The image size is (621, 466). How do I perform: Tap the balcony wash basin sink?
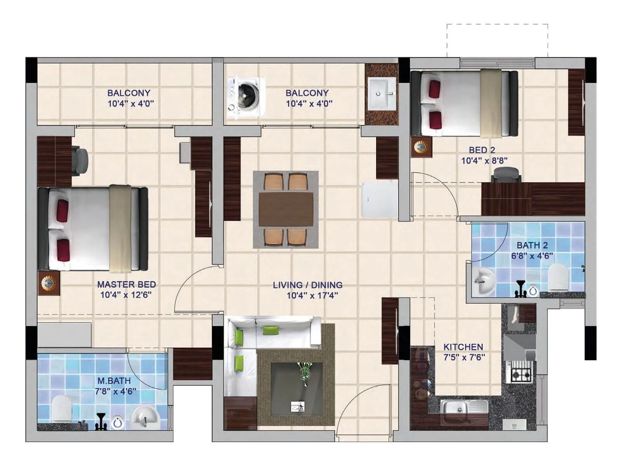tap(382, 94)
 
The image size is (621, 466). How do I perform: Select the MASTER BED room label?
tap(127, 284)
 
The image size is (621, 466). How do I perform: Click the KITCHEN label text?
tap(463, 347)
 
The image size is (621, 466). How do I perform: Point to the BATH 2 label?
tap(532, 245)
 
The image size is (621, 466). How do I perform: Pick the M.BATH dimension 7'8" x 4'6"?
tap(116, 391)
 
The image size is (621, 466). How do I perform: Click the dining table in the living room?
tap(286, 209)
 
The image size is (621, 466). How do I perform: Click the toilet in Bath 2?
tap(559, 277)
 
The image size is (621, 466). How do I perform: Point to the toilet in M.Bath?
tap(62, 409)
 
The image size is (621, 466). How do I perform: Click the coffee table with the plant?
tap(297, 388)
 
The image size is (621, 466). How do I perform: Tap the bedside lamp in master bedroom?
tap(49, 283)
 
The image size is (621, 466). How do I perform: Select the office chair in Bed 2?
tap(506, 175)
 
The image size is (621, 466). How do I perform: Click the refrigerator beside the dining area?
tap(379, 200)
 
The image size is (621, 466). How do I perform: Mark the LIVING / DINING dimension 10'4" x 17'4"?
tap(312, 296)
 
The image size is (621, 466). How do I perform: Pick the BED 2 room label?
tap(482, 150)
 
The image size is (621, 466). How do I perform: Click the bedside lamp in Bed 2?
tap(421, 147)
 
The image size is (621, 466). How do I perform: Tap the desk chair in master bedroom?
tap(81, 160)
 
